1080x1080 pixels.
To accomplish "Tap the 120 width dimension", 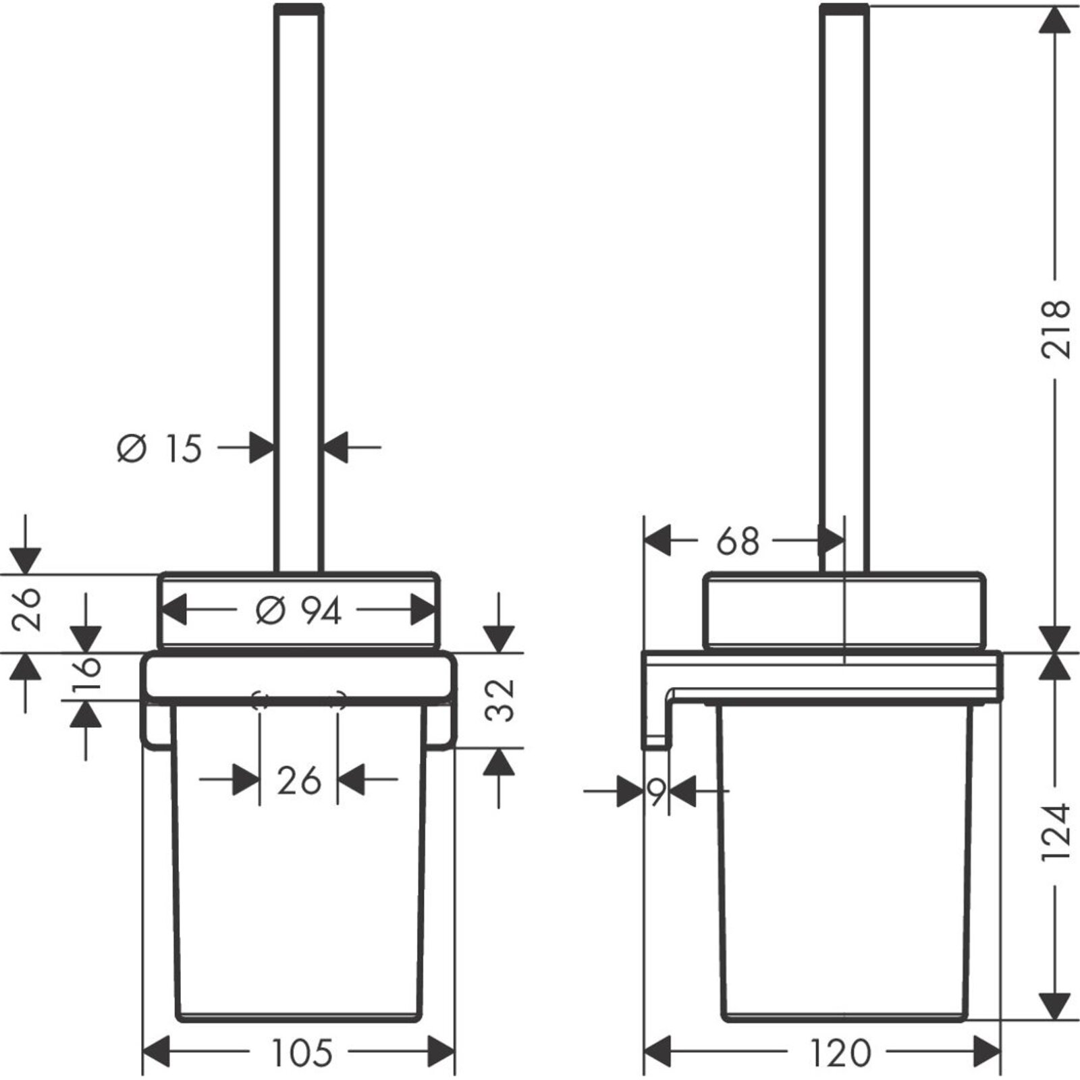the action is click(x=840, y=1052).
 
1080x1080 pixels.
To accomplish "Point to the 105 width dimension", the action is click(x=302, y=1052).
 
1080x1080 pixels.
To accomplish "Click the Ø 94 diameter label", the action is click(x=298, y=612).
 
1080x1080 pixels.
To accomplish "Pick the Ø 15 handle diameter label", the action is click(x=159, y=448).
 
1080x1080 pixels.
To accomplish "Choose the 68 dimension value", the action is click(x=738, y=541).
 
